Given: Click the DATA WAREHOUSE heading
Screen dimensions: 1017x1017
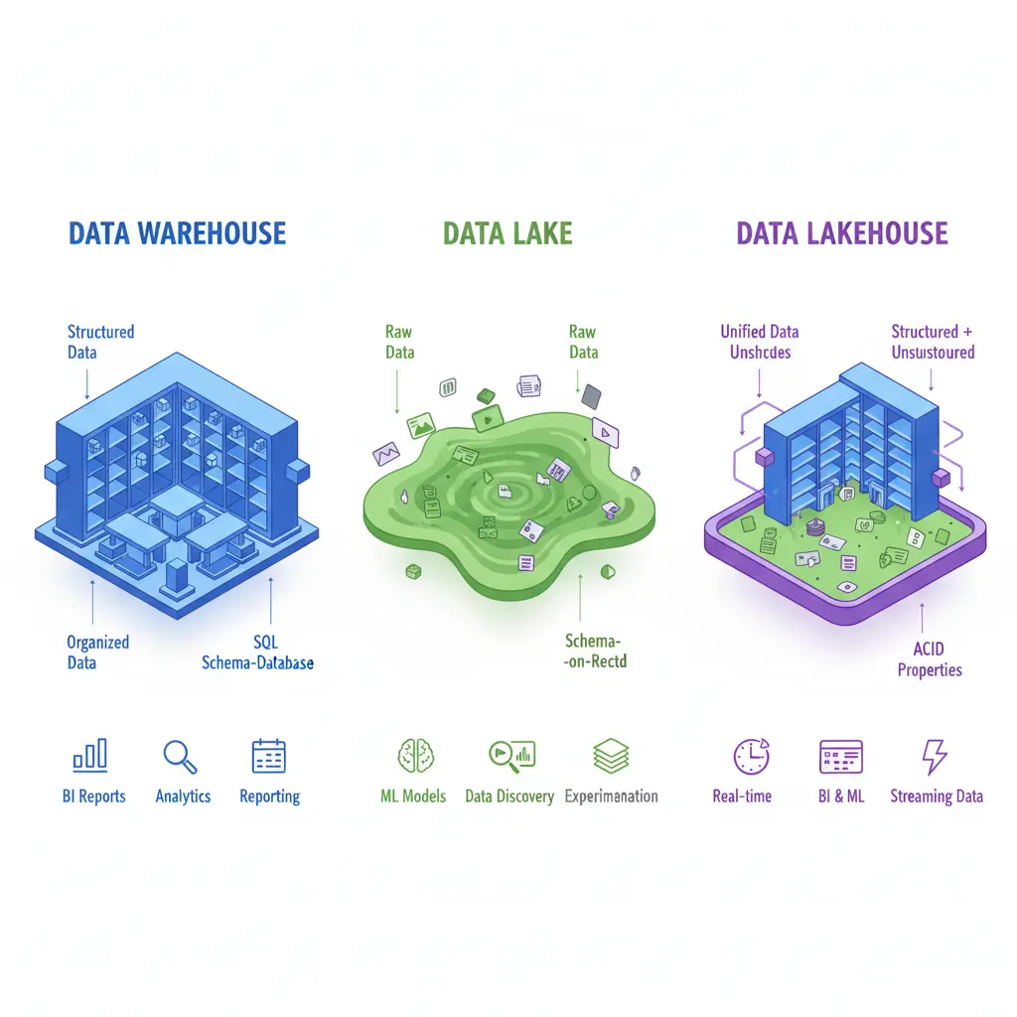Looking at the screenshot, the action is [177, 233].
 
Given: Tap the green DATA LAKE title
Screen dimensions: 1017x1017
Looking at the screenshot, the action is [508, 233].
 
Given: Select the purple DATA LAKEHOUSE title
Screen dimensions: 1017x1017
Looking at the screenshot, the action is [842, 233].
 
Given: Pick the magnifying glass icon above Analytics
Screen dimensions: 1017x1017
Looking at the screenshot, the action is [180, 757].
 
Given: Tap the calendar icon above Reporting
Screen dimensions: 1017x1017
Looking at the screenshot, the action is [269, 757].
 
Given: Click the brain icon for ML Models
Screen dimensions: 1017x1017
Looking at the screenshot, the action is [412, 757].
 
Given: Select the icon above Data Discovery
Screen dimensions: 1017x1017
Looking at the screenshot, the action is [511, 757].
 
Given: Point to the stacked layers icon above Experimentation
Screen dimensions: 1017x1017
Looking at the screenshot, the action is [611, 757].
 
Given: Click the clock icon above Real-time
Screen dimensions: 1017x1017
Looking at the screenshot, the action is [751, 757].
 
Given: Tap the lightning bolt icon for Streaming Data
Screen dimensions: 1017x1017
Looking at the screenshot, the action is [935, 757].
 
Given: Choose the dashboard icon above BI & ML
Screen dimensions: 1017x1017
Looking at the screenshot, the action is [840, 757].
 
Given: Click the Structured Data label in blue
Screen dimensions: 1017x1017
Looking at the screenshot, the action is [100, 342].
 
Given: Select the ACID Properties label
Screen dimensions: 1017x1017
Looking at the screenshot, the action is [930, 659].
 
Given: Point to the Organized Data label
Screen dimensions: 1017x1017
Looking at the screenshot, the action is [97, 652].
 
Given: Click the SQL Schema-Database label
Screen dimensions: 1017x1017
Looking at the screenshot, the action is [257, 653].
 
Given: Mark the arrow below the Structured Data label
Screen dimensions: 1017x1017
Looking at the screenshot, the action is [87, 383].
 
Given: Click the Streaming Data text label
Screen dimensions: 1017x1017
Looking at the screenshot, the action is [937, 796].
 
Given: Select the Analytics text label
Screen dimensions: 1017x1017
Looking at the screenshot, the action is [184, 796].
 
